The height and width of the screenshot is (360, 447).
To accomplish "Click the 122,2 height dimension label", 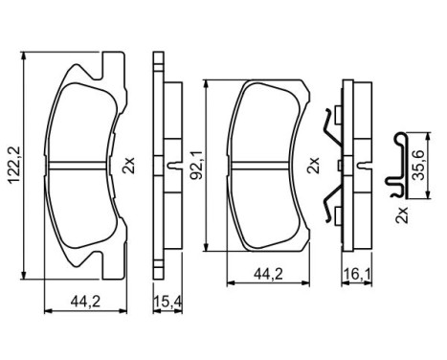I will coord(11,164).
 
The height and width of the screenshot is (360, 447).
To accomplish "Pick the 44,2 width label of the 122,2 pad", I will coord(86,304).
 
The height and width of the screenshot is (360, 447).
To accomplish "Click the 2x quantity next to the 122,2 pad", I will coord(128,166).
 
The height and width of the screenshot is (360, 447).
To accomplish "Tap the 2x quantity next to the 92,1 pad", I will coord(311,166).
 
